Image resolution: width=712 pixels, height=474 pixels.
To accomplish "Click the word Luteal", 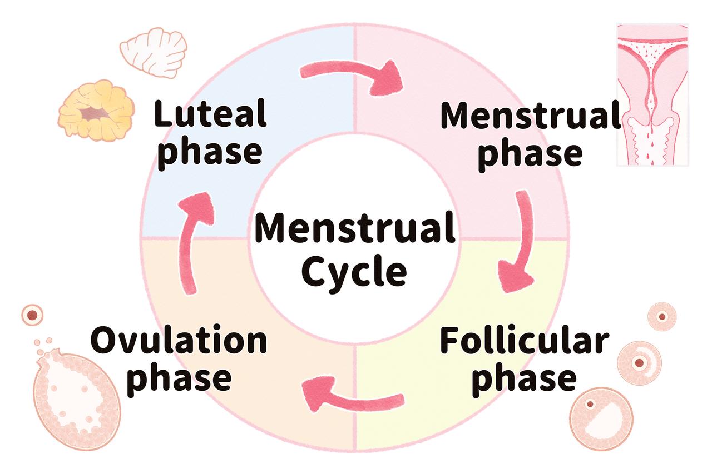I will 210,114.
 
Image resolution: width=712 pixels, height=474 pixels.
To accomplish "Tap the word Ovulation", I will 179,342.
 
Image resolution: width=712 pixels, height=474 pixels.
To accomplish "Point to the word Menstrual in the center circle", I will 355,229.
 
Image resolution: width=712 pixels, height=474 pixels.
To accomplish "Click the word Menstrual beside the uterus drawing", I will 530,116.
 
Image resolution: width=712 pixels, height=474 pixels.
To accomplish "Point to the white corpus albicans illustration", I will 154,52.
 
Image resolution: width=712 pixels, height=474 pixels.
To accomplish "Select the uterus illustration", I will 652,94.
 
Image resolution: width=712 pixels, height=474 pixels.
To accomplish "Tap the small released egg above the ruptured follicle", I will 33,315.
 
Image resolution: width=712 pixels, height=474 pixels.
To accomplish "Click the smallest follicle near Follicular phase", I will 662,317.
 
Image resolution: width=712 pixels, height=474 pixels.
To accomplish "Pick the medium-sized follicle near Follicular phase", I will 640,362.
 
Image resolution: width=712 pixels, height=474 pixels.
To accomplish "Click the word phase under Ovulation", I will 183,378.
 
